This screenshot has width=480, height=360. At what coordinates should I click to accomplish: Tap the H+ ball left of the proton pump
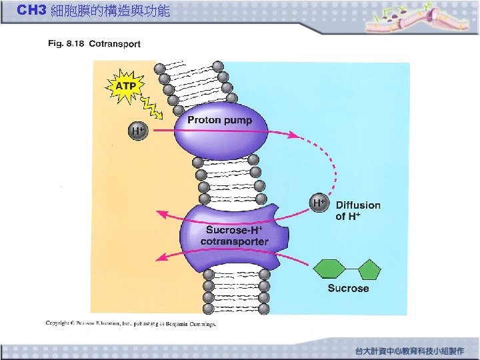pyautogui.click(x=137, y=131)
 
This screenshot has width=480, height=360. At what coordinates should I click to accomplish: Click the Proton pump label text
pyautogui.click(x=219, y=120)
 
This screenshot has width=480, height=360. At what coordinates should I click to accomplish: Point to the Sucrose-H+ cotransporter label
pyautogui.click(x=234, y=235)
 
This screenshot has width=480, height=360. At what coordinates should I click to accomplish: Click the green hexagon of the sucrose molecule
pyautogui.click(x=331, y=269)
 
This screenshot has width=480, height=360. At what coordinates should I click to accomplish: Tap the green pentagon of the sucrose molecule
pyautogui.click(x=369, y=269)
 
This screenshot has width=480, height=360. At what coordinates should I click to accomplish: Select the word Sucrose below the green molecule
pyautogui.click(x=348, y=289)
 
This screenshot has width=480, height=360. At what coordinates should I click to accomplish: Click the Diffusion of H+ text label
pyautogui.click(x=358, y=211)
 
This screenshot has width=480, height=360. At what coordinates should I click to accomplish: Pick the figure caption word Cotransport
pyautogui.click(x=115, y=44)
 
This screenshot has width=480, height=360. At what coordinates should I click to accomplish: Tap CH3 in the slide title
pyautogui.click(x=31, y=11)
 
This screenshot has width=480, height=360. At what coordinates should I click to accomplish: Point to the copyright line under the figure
pyautogui.click(x=131, y=323)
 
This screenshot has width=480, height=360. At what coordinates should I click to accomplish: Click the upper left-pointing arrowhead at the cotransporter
pyautogui.click(x=161, y=215)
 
